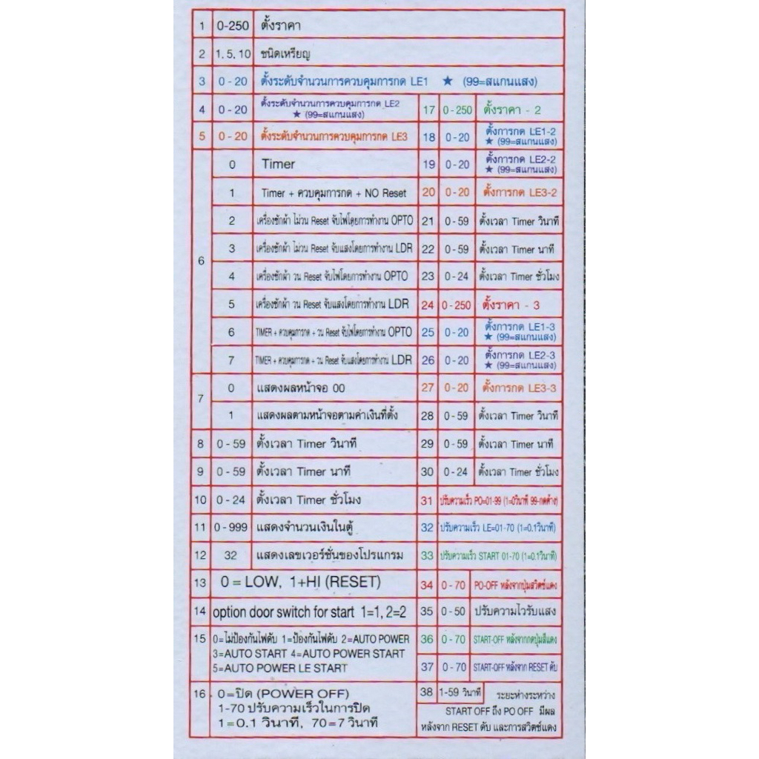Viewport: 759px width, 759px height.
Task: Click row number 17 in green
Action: (428, 110)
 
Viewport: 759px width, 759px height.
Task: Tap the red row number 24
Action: (428, 304)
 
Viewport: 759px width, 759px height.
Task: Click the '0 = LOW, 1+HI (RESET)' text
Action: (300, 582)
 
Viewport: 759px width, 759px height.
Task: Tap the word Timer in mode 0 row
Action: (278, 164)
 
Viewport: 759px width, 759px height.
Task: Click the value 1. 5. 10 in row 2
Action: (231, 54)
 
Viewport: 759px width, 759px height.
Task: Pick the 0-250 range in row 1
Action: (231, 25)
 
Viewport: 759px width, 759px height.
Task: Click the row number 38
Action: (426, 693)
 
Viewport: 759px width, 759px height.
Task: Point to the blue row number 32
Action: (427, 528)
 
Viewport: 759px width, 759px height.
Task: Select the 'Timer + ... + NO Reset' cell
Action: (334, 193)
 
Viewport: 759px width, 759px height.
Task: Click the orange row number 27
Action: (428, 387)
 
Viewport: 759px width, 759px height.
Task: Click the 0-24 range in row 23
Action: (457, 276)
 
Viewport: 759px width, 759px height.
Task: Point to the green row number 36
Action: (427, 639)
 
